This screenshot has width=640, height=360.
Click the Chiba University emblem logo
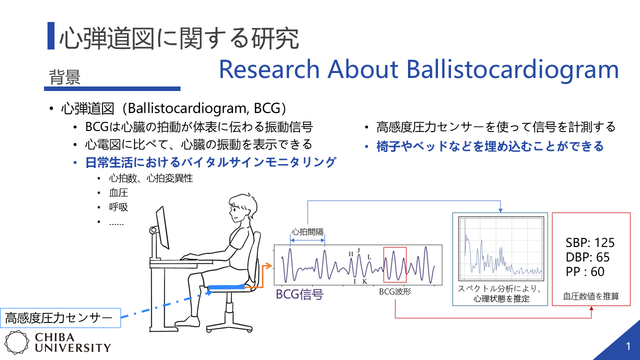click(17, 342)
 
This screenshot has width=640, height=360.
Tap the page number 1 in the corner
click(628, 346)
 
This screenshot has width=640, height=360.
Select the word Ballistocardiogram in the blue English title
click(512, 69)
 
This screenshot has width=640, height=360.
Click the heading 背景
click(64, 77)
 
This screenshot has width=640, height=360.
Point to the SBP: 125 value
click(589, 243)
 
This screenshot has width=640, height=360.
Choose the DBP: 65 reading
click(587, 257)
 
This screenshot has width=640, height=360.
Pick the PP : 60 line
click(585, 271)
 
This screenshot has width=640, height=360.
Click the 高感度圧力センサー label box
click(60, 318)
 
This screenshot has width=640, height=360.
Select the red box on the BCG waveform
click(395, 265)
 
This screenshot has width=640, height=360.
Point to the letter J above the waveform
click(359, 250)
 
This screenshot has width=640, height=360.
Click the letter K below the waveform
click(365, 281)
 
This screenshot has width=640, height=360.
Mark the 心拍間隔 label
click(307, 231)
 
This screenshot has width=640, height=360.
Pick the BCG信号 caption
click(299, 294)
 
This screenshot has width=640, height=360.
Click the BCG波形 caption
click(395, 291)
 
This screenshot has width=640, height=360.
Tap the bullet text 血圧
click(118, 193)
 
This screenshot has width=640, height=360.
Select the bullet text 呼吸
click(118, 207)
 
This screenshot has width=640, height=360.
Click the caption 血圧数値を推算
click(591, 296)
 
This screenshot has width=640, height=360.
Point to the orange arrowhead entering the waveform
click(268, 266)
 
